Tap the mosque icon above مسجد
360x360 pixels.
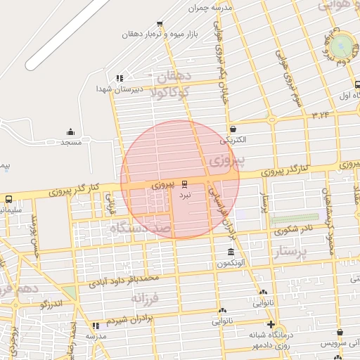pos(70,131)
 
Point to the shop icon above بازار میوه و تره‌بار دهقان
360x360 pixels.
pos(160,24)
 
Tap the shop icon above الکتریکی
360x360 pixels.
pos(233,129)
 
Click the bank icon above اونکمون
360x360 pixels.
pos(231,252)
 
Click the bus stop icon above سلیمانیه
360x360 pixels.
pos(9,199)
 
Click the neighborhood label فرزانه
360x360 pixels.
pos(146,298)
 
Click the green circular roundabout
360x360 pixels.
pos(342,46)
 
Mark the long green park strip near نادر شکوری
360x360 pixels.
pos(293,219)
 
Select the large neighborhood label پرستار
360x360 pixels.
pos(300,252)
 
